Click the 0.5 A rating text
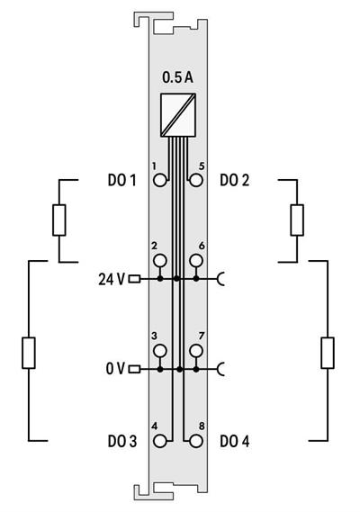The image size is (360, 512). pos(177,77)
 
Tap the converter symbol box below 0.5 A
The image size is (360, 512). pos(177,113)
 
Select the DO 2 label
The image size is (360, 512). pos(235,180)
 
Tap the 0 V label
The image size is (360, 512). pos(114,369)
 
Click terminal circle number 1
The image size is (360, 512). pos(160,180)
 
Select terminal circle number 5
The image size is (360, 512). pos(195,180)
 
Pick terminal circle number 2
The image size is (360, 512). pos(160,261)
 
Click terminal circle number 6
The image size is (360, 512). pos(195,261)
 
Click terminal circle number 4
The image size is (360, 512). pos(160,441)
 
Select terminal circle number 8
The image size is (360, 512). pos(195,441)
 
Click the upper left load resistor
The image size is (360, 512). pos(59,220)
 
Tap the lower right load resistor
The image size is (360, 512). pos(327,353)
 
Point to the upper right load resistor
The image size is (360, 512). pos(296,220)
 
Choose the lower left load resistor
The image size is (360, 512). pos(29,353)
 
